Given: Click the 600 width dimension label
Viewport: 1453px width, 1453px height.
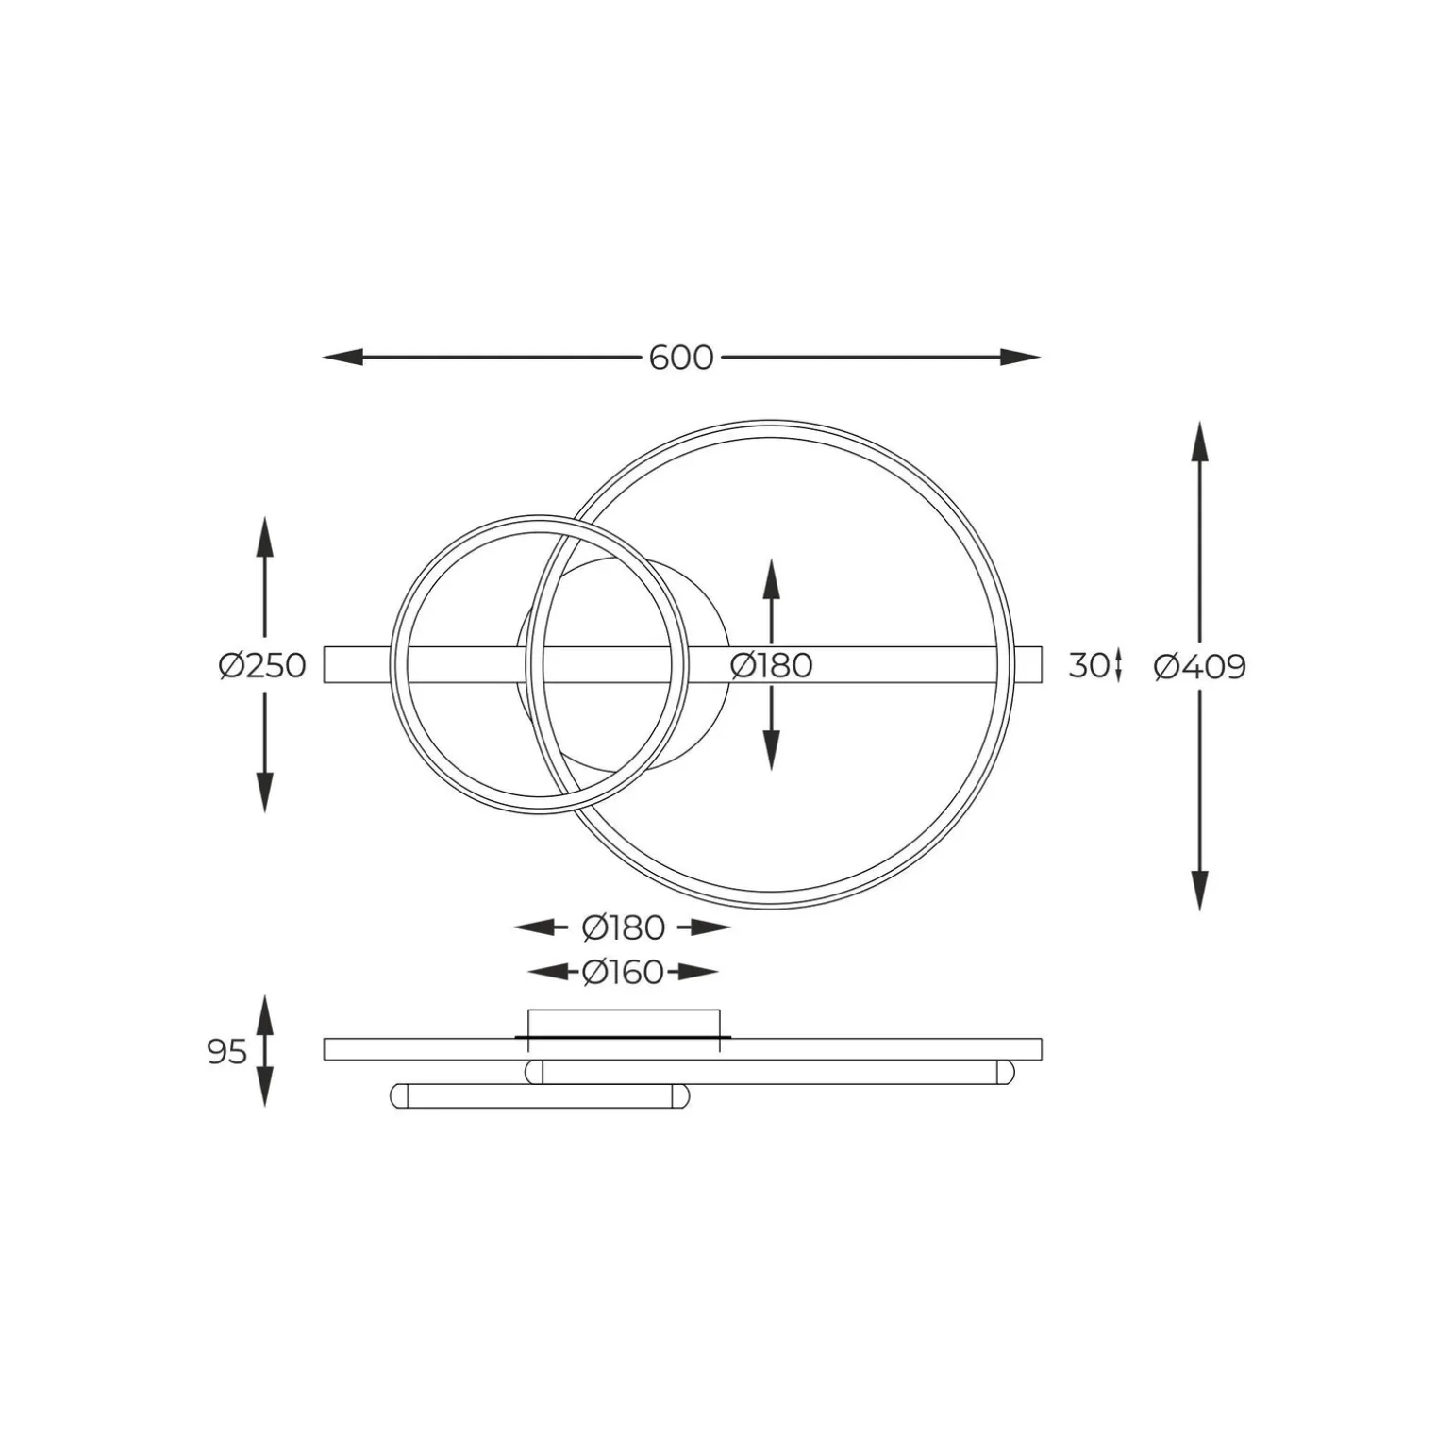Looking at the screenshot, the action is tap(681, 359).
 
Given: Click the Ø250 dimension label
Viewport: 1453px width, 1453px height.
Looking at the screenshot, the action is tap(262, 666).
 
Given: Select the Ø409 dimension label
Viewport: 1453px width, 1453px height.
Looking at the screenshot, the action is tap(1200, 667).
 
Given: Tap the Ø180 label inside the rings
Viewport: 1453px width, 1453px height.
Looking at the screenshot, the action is tap(771, 666).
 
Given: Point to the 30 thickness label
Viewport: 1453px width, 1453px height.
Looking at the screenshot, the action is tap(1088, 666).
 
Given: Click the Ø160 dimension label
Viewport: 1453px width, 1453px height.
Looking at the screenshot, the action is tap(623, 972).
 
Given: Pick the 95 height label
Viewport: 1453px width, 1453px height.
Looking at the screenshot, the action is tap(227, 1051).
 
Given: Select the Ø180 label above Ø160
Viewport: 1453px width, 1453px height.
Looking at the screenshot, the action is tap(624, 928).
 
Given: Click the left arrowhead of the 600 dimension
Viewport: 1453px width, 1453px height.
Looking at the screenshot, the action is tap(342, 358).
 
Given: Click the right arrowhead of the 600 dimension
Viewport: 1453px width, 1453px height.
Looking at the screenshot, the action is tap(1020, 358).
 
